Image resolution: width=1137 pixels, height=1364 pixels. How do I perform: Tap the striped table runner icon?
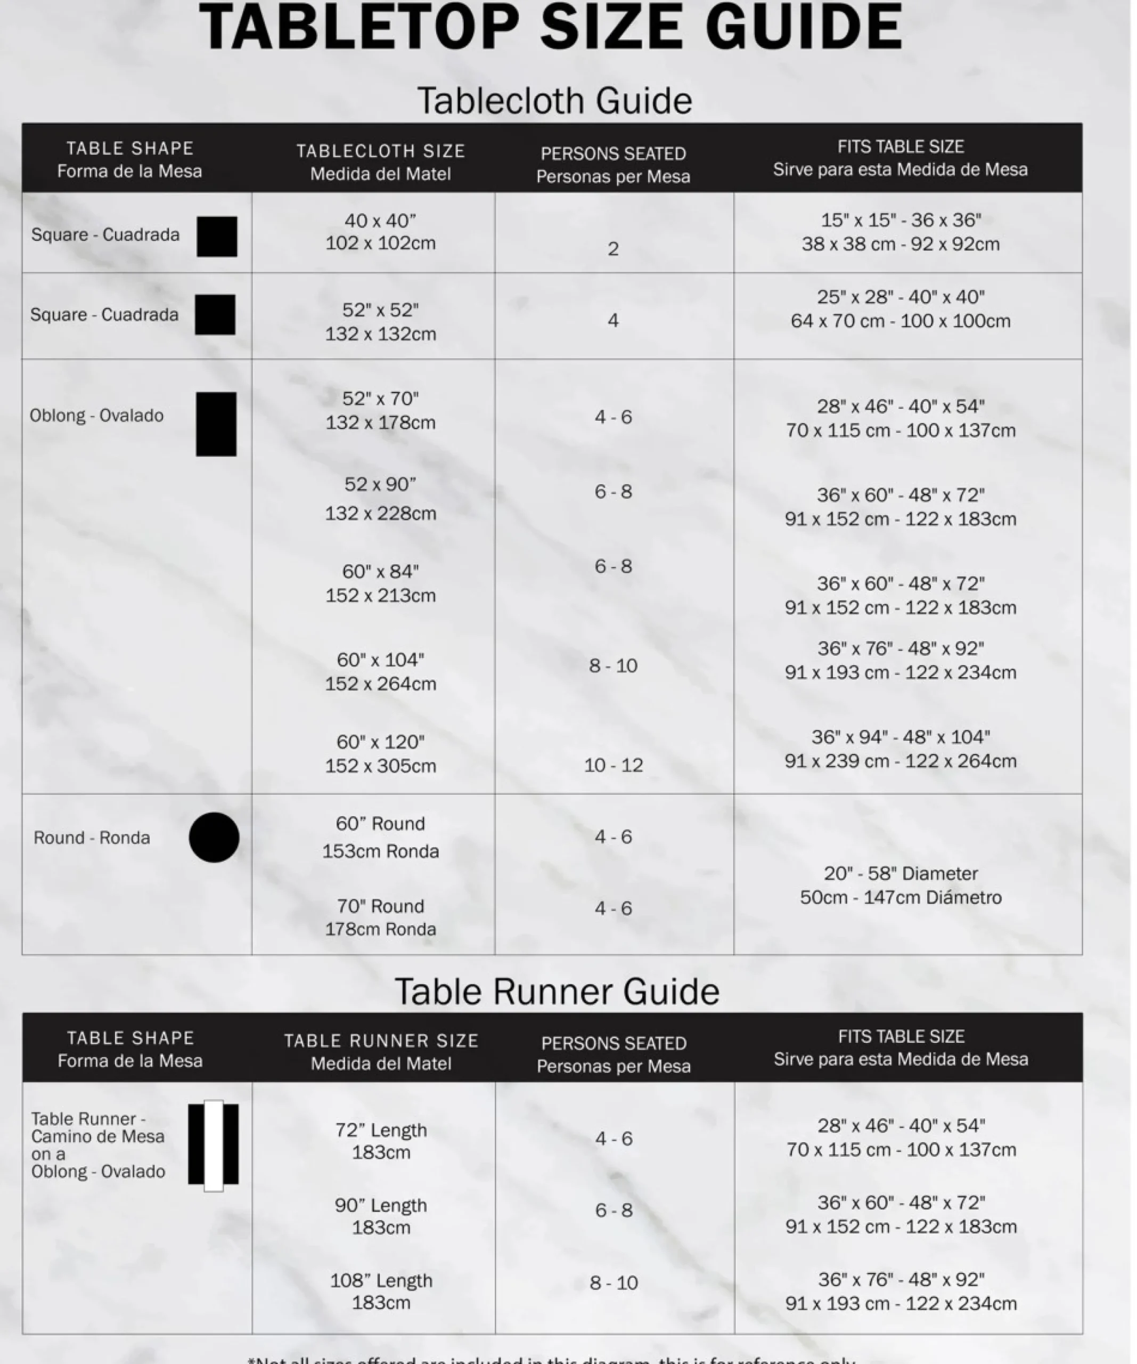[214, 1145]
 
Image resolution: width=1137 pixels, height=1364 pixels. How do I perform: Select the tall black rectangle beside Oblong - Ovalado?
[216, 424]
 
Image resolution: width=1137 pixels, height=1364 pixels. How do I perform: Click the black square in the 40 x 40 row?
[217, 237]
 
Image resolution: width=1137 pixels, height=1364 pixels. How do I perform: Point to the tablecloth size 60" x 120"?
[381, 742]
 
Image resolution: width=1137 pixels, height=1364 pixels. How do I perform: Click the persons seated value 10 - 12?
[613, 765]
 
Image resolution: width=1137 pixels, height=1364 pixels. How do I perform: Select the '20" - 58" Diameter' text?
[901, 874]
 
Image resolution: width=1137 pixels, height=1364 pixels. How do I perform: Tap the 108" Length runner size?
[381, 1281]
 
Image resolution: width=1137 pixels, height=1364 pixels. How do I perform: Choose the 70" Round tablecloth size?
[381, 906]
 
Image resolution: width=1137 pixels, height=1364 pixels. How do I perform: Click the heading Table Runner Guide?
[557, 992]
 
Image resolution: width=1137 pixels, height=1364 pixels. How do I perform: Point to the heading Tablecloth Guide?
[554, 101]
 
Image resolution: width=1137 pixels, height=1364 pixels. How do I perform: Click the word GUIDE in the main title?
[804, 27]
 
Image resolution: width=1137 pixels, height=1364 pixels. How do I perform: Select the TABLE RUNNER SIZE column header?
[381, 1041]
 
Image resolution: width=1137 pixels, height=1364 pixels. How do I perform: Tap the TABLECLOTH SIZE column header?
[381, 151]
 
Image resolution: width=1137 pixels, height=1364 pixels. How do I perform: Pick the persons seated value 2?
[613, 249]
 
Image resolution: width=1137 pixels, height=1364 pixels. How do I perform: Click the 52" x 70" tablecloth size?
[381, 398]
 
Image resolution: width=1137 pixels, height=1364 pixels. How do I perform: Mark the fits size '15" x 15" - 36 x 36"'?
[901, 220]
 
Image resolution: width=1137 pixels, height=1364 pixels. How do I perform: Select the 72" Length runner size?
[381, 1130]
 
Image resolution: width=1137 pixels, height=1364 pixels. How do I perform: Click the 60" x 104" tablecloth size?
[381, 660]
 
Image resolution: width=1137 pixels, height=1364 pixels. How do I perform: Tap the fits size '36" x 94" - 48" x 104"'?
[901, 737]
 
